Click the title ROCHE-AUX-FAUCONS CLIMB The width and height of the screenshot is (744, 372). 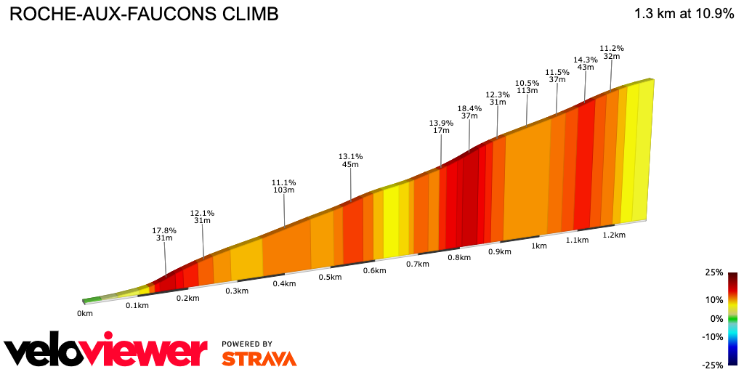[143, 15]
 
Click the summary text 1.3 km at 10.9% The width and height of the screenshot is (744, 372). [684, 14]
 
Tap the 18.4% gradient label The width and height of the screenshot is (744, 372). [469, 108]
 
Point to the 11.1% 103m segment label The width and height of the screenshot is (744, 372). [284, 186]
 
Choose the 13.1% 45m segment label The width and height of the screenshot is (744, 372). [350, 160]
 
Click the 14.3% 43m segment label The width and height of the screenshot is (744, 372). [585, 63]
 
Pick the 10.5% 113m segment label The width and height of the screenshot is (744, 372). [527, 86]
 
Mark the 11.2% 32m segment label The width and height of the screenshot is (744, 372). [612, 52]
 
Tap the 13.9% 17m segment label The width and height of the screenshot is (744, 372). [441, 126]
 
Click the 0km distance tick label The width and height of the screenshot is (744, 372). [85, 314]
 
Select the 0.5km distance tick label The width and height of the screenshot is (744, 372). [330, 278]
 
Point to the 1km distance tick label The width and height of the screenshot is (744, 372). [538, 246]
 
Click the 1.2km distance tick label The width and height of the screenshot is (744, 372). [614, 235]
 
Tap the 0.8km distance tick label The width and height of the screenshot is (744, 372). [458, 258]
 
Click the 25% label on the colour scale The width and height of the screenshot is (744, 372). [713, 272]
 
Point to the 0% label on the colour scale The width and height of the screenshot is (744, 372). [716, 318]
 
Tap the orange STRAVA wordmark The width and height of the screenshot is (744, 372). [259, 359]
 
